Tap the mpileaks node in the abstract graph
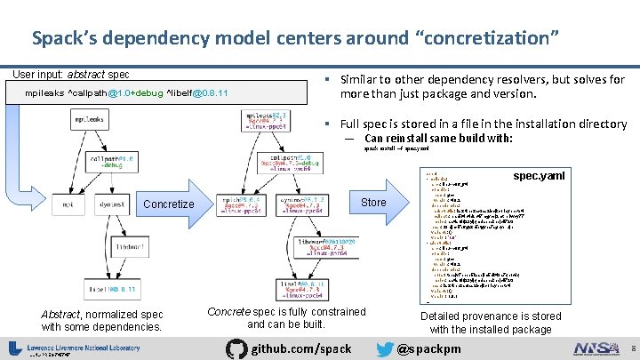coord(89,119)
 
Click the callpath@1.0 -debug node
coord(111,161)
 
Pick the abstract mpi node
coord(67,204)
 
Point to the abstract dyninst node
coord(111,204)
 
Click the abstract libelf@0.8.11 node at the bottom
coord(111,290)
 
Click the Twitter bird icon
coord(383,348)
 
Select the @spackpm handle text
coord(429,348)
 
